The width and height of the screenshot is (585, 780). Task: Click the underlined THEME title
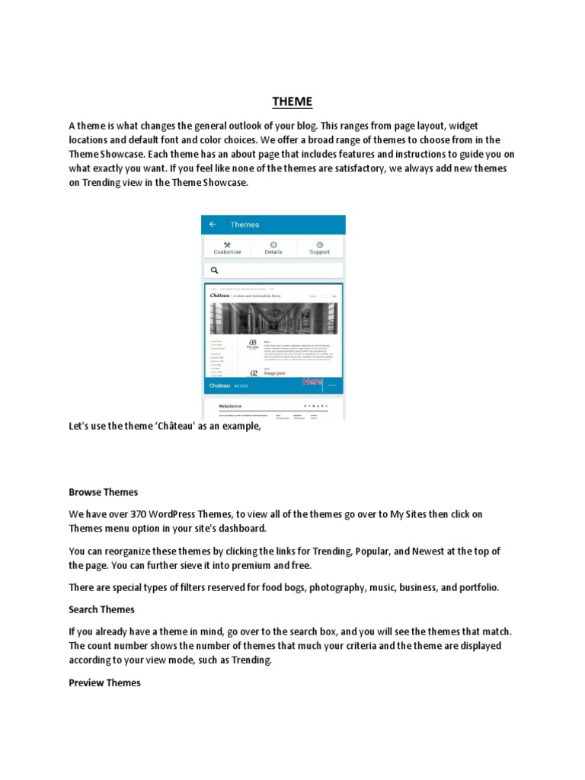click(292, 102)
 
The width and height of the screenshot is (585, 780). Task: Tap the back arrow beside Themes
click(213, 225)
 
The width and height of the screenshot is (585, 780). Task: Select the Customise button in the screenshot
click(227, 248)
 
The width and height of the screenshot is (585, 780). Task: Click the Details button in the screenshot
click(273, 248)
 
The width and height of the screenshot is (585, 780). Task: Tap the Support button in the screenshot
click(319, 248)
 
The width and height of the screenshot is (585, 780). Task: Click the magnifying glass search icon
click(215, 270)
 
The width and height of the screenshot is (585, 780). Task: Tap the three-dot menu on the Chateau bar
click(332, 385)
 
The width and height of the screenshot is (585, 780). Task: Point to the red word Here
click(313, 380)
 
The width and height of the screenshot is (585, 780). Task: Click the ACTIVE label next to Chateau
click(241, 386)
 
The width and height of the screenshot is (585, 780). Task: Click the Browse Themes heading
click(104, 493)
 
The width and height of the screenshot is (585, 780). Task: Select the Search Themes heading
click(101, 609)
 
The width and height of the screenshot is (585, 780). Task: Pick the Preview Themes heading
click(104, 683)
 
